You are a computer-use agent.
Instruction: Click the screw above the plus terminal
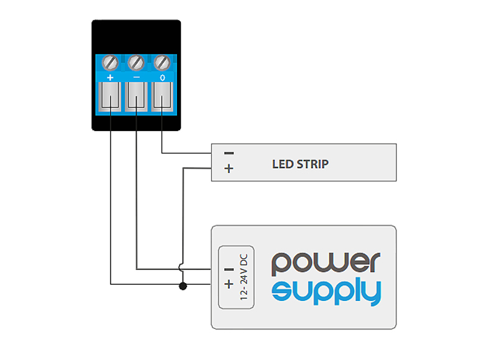[x=110, y=63]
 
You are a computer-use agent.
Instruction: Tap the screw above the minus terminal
[x=136, y=63]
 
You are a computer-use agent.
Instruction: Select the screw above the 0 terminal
[x=162, y=63]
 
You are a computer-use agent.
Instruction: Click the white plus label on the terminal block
[x=110, y=77]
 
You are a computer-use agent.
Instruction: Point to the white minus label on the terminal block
[x=136, y=77]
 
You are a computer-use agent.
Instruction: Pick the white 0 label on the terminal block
[x=162, y=78]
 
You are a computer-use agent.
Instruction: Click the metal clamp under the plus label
[x=110, y=97]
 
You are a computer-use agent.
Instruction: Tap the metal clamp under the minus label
[x=136, y=97]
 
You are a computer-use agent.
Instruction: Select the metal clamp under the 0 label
[x=162, y=97]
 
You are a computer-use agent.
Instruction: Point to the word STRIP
[x=312, y=164]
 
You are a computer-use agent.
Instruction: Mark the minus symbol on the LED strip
[x=229, y=153]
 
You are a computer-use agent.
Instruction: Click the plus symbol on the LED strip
[x=229, y=168]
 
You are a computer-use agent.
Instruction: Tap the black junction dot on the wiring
[x=183, y=286]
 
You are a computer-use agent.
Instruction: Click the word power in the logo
[x=326, y=264]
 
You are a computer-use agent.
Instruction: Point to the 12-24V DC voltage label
[x=244, y=277]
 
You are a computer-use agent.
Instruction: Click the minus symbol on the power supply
[x=229, y=270]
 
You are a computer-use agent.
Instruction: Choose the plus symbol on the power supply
[x=229, y=284]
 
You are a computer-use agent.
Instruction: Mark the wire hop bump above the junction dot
[x=180, y=268]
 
